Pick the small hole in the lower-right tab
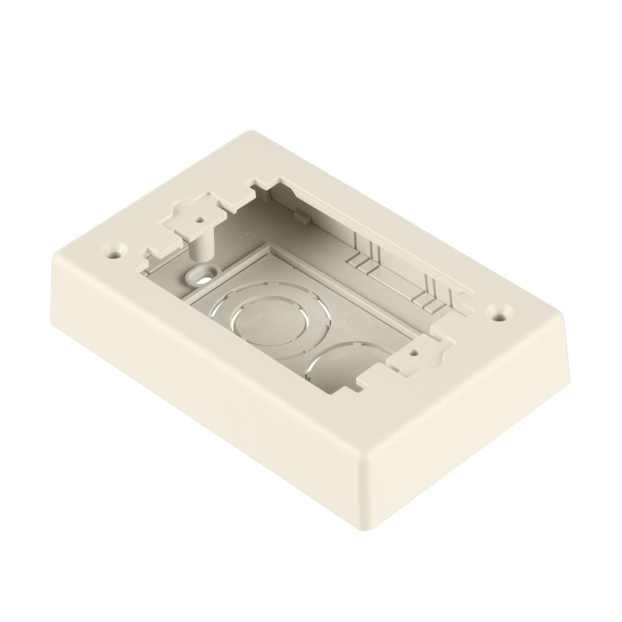(414, 352)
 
